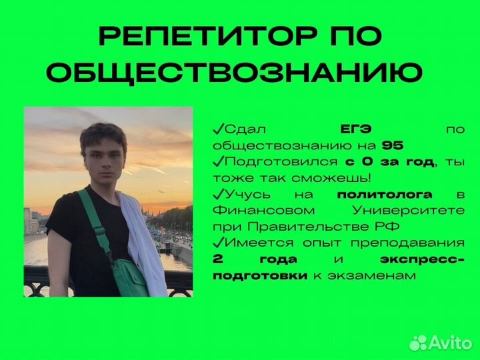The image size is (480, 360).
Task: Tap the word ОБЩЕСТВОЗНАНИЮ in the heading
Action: click(x=235, y=73)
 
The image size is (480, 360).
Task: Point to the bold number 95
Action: click(x=393, y=145)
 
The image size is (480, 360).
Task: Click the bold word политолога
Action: click(x=385, y=194)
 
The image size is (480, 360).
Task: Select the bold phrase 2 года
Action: click(x=255, y=259)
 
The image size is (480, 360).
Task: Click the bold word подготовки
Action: click(x=260, y=275)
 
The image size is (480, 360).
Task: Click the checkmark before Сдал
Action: click(x=218, y=128)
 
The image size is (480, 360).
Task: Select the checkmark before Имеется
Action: click(x=218, y=242)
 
